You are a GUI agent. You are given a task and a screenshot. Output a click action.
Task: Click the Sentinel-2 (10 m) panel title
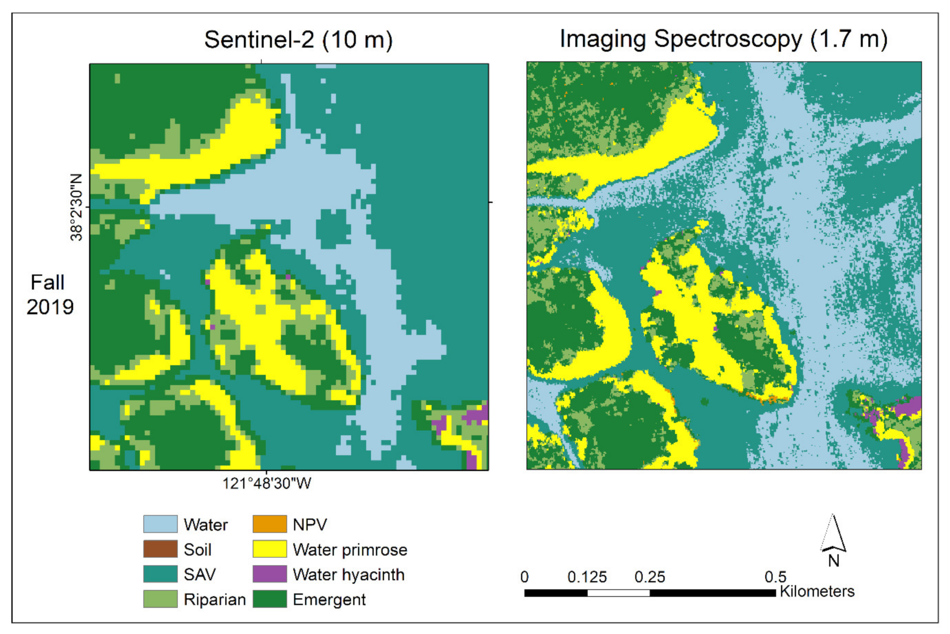(x=298, y=40)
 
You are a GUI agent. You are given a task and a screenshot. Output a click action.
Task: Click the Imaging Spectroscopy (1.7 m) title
(x=723, y=39)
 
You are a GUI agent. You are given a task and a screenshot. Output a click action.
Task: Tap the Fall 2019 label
(x=49, y=294)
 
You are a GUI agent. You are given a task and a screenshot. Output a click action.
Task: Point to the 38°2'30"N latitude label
(x=76, y=207)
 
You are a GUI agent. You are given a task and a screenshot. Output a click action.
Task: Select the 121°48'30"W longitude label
(x=267, y=483)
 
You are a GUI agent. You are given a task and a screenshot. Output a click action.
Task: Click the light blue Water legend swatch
(x=160, y=524)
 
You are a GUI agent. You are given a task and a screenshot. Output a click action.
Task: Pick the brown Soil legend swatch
(x=160, y=549)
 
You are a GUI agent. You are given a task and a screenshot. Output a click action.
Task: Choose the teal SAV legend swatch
(x=160, y=574)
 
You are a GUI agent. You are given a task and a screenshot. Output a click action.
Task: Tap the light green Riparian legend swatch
(x=160, y=599)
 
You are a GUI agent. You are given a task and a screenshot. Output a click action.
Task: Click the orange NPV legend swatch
(x=270, y=524)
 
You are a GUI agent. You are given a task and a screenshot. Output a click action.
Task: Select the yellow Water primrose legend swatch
(x=270, y=549)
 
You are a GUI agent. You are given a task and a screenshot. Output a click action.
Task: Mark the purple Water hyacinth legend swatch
(x=270, y=574)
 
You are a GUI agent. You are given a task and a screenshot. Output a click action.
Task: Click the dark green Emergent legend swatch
(x=270, y=599)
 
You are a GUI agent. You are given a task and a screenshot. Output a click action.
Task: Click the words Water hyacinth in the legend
(x=349, y=575)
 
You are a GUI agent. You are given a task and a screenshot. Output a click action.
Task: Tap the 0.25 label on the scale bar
(x=649, y=577)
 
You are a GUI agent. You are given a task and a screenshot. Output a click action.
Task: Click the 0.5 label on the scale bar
(x=775, y=577)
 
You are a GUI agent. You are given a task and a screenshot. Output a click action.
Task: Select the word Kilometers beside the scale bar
(x=817, y=592)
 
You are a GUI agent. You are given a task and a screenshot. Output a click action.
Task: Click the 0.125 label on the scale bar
(x=587, y=577)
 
